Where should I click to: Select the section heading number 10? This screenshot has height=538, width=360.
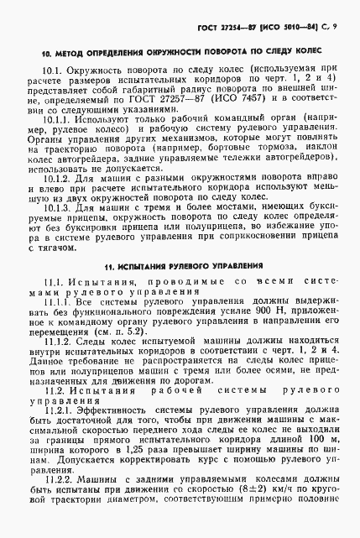(46, 55)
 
